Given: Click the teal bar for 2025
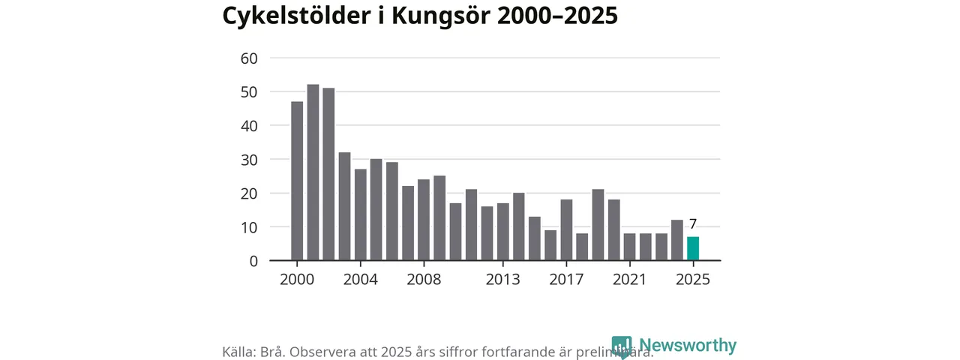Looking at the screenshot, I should [x=693, y=249].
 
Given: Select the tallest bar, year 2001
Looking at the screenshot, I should [x=313, y=172].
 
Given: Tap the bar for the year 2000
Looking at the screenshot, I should [x=297, y=181].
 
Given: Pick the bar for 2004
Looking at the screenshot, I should [x=360, y=214].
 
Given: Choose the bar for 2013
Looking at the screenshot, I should [x=502, y=232].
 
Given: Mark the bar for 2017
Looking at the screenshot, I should [x=566, y=230].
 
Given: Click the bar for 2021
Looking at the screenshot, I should [x=630, y=247].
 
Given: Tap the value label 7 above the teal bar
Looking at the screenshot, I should [x=693, y=224].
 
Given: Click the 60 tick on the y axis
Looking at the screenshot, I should [x=249, y=58].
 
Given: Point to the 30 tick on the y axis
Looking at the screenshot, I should [x=249, y=160].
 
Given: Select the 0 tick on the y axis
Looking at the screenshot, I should [x=253, y=261].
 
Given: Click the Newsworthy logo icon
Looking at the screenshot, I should [x=622, y=346].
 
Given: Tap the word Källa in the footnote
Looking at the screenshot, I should [x=239, y=352].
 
